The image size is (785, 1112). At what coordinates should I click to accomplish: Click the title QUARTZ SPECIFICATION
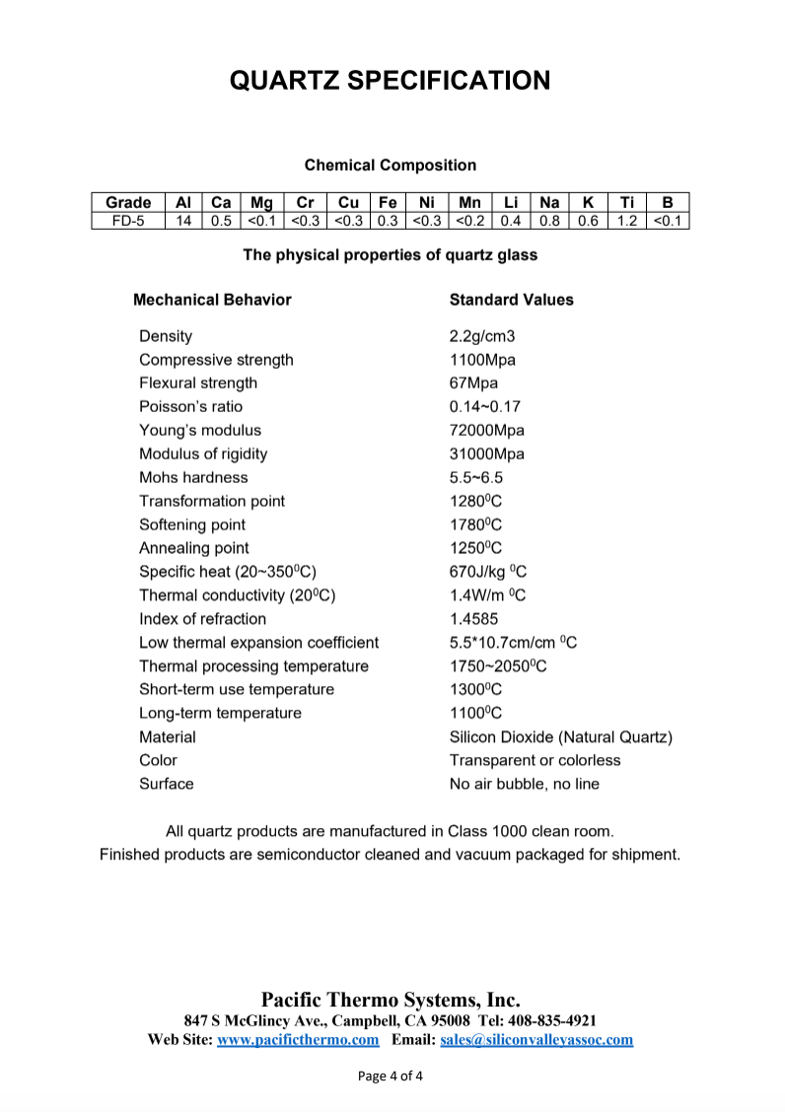point(391,80)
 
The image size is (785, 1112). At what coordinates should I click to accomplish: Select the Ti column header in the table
point(626,202)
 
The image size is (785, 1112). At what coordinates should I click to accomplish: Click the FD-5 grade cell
point(128,220)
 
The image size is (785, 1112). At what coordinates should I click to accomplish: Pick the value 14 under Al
point(183,220)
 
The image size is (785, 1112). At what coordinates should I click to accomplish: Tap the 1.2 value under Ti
point(626,220)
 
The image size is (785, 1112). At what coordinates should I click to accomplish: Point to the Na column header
point(549,202)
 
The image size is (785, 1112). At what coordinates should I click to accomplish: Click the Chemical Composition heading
point(391,166)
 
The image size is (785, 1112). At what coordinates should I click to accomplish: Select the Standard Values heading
point(511,300)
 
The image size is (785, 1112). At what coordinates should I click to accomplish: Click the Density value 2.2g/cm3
point(482,336)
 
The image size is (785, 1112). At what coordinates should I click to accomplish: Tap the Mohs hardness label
point(193,477)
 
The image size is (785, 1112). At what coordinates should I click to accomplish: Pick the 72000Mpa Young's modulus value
point(487,430)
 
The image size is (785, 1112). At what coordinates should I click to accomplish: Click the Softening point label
point(192,524)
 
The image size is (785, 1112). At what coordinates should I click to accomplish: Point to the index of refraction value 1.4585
point(474,619)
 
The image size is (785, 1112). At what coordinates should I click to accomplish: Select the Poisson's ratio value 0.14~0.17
point(485,406)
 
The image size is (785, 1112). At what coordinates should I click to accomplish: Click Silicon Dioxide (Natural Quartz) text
point(561,736)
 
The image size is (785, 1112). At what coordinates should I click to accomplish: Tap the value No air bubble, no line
point(525,784)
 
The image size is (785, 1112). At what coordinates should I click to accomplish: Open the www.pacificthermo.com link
point(298,1039)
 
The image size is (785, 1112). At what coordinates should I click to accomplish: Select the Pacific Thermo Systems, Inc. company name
point(391,1000)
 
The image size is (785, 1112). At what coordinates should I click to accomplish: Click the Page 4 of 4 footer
point(391,1076)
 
